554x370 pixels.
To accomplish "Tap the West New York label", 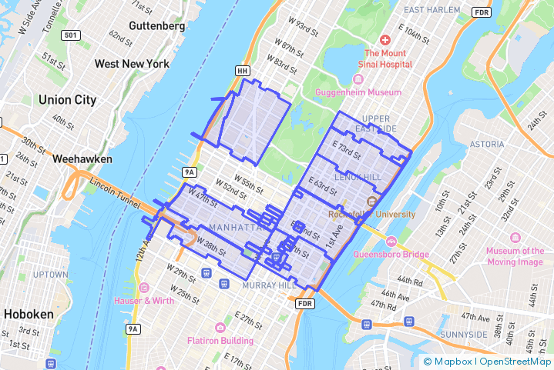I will pyautogui.click(x=132, y=63).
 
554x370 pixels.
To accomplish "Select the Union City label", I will pyautogui.click(x=67, y=100).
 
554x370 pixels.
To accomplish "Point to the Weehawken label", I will pyautogui.click(x=82, y=159).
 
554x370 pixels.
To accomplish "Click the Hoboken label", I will pyautogui.click(x=29, y=314).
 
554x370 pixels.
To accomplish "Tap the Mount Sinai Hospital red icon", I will pyautogui.click(x=384, y=39).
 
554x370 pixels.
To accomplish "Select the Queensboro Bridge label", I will pyautogui.click(x=391, y=254).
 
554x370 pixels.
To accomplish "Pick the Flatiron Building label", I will pyautogui.click(x=220, y=340).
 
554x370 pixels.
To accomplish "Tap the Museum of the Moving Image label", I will pyautogui.click(x=515, y=256).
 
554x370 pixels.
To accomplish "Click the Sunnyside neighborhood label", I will pyautogui.click(x=463, y=335).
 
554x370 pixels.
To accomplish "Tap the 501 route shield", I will pyautogui.click(x=71, y=35).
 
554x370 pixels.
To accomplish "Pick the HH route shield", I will pyautogui.click(x=243, y=71).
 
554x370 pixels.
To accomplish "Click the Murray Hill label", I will pyautogui.click(x=269, y=285).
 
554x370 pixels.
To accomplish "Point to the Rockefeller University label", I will pyautogui.click(x=371, y=215).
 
